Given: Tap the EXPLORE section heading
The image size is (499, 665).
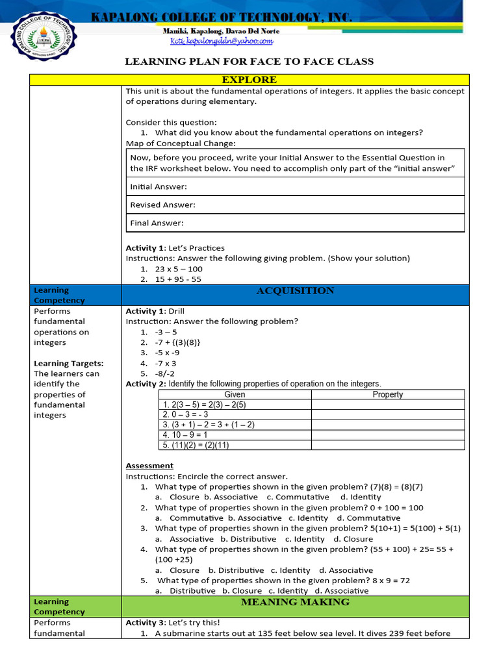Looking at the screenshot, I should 249,79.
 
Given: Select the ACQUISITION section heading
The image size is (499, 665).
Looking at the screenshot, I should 295,290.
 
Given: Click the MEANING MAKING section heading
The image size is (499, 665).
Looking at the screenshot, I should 295,602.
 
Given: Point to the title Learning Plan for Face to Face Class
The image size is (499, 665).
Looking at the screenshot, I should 249,62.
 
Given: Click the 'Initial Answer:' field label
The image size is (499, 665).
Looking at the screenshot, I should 159,186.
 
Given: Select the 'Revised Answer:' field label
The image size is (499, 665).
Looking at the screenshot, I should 162,205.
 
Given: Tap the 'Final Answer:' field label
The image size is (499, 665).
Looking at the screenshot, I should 157,223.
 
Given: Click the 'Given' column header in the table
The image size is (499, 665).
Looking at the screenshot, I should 235,394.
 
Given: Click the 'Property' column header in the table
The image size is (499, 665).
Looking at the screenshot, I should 388,394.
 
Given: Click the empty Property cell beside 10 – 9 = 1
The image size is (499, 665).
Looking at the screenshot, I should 388,434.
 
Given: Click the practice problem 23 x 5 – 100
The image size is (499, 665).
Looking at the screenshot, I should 179,269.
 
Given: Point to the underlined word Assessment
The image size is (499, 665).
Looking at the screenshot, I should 149,466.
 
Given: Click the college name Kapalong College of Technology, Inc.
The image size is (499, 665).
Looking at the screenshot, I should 221,18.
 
